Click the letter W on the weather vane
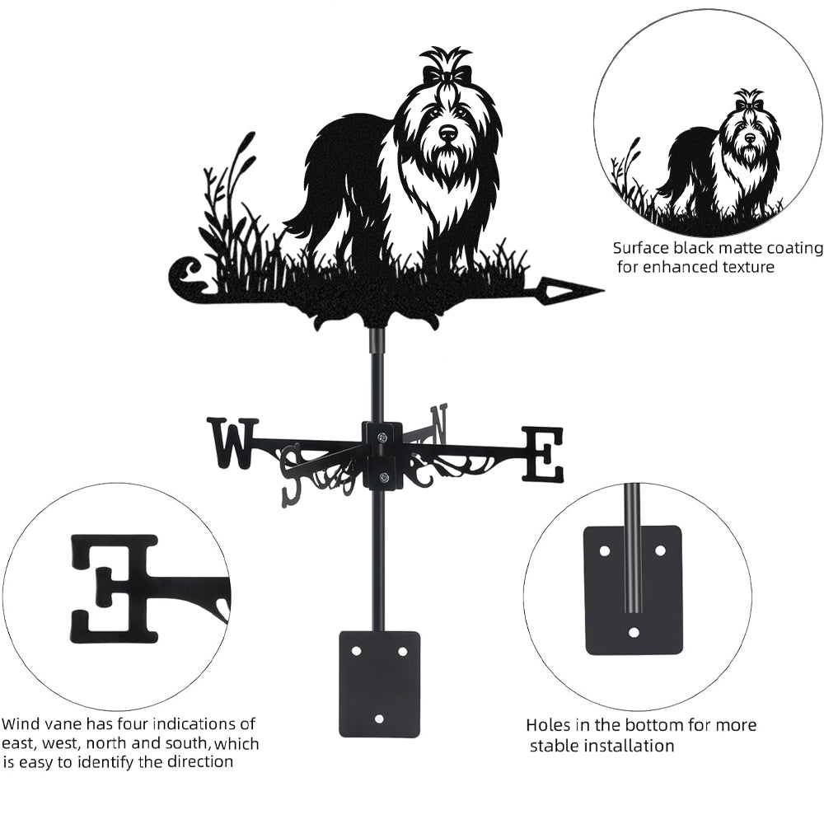(x=233, y=443)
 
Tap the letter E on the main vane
(x=542, y=455)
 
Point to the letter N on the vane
(x=438, y=424)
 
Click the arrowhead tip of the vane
(x=603, y=290)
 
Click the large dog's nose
(x=447, y=133)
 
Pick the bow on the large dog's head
(x=445, y=76)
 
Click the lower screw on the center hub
(x=383, y=477)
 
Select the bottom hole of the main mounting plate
(x=379, y=718)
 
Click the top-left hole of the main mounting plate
(x=357, y=651)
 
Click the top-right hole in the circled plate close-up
(x=661, y=550)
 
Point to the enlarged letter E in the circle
(x=114, y=588)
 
